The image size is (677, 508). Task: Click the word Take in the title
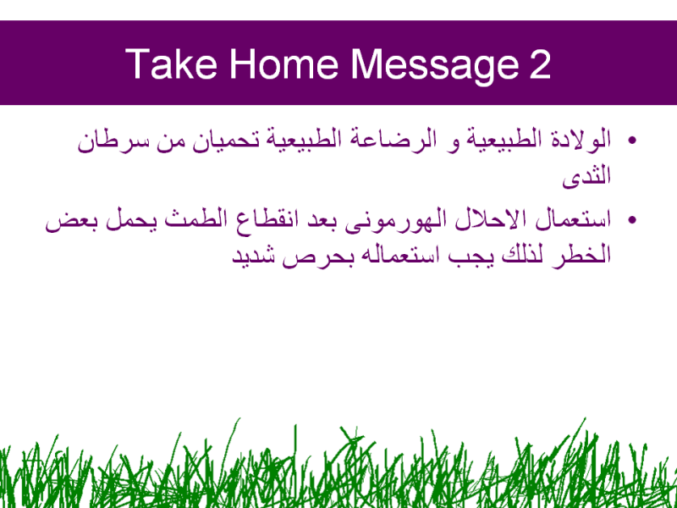tap(171, 64)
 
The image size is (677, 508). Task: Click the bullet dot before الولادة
tap(632, 141)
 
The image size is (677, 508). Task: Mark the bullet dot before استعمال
tap(632, 220)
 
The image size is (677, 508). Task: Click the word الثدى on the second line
tap(586, 176)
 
